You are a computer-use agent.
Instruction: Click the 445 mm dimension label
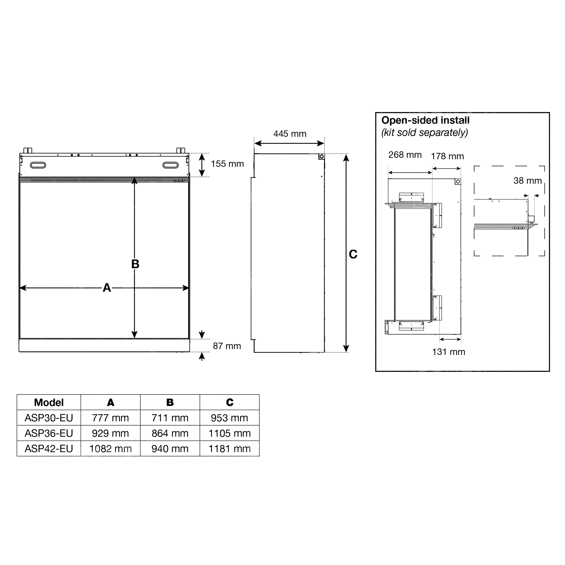coord(290,134)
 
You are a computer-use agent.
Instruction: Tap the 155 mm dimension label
coord(227,164)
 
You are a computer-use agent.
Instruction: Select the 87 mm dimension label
coord(227,346)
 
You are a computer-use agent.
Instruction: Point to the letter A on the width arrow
coord(107,288)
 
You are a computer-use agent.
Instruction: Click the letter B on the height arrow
coord(135,264)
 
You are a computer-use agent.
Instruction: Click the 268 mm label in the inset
coord(405,155)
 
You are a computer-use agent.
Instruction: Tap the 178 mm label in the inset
coord(447,156)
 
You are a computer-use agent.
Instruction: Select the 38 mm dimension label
coord(527,181)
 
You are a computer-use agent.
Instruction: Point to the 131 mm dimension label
coord(449,352)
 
